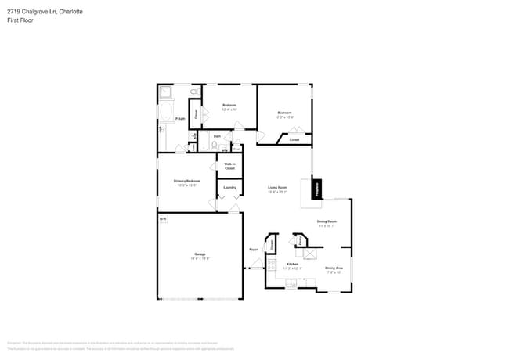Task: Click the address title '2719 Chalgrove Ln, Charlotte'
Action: [45, 12]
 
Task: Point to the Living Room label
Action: [277, 188]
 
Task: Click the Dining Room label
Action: [327, 223]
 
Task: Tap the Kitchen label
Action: [292, 265]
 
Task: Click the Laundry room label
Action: [229, 188]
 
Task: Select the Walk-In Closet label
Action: [229, 166]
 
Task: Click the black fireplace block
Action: [316, 189]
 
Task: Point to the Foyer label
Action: [254, 250]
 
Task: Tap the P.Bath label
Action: [179, 119]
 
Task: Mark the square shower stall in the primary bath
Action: [166, 92]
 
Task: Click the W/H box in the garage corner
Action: [163, 220]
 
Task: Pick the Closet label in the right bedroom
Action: [294, 140]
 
